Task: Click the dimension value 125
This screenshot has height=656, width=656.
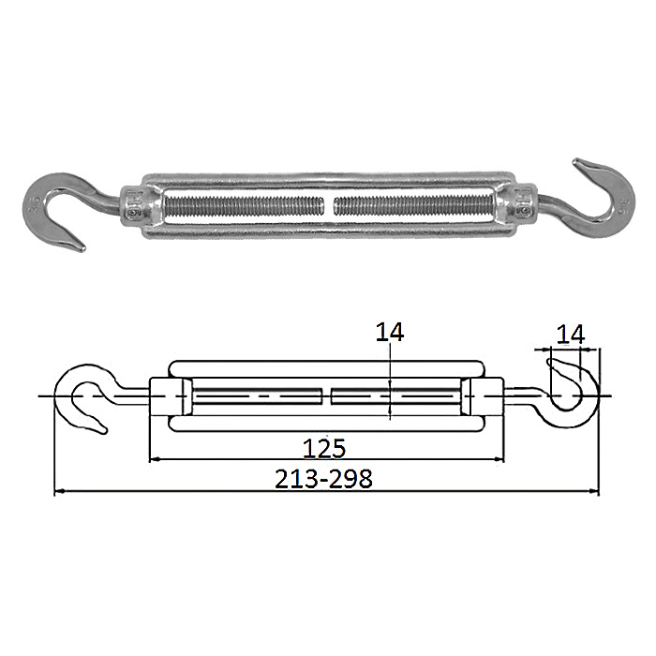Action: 324,448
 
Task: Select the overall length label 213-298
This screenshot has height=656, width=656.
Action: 323,479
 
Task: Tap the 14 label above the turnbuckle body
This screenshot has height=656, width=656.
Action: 390,332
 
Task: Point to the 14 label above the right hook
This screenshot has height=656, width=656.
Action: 571,335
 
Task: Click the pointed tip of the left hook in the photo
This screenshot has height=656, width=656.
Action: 82,249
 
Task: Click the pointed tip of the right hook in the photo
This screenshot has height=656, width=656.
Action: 575,161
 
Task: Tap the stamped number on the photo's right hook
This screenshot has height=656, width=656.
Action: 622,206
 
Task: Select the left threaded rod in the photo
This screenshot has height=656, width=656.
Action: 245,205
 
